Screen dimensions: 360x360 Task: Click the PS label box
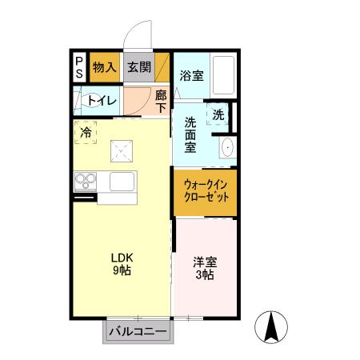coord(79,66)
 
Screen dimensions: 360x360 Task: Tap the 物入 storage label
coord(104,67)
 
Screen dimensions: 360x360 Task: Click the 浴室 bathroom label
coord(190,76)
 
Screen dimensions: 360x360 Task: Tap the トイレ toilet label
coord(102,101)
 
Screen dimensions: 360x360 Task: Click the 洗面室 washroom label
coord(190,135)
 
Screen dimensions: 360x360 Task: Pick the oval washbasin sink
coord(226,148)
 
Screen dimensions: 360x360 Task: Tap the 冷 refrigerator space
coord(86,133)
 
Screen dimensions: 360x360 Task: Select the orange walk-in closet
coord(206,191)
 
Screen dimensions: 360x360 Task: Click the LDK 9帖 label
coord(122,263)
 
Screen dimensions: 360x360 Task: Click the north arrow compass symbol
coord(271,326)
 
